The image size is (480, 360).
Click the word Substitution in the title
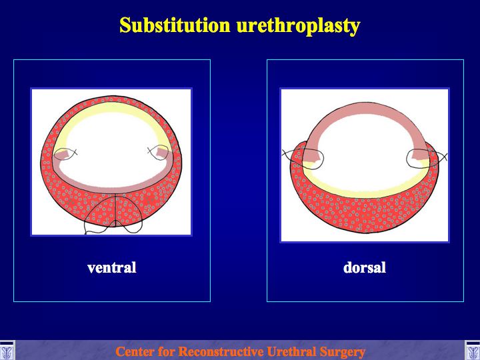175,25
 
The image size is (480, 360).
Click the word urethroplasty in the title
299,26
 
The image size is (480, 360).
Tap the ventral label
112,267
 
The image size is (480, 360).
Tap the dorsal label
364,267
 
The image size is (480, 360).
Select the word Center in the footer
132,351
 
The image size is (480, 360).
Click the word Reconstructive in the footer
219,351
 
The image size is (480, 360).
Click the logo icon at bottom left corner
7,350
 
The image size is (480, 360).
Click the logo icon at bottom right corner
473,350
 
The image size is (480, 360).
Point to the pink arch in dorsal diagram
364,109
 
